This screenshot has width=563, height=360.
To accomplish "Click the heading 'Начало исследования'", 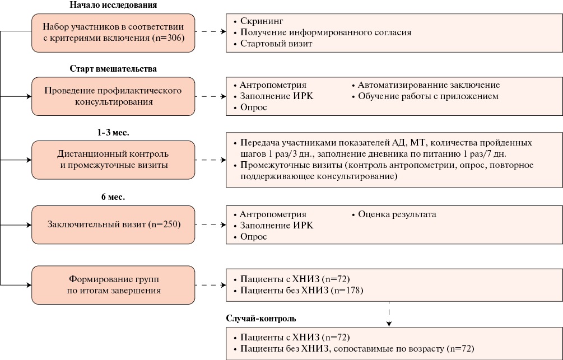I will (113, 5).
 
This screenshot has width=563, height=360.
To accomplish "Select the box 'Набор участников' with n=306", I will (113, 32).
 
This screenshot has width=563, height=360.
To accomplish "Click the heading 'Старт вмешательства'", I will (113, 69).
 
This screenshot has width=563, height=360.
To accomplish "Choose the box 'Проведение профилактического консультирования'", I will (113, 96).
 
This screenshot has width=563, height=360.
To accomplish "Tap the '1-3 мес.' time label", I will (113, 133).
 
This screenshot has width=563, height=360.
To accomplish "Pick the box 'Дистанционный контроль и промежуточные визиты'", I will (113, 160).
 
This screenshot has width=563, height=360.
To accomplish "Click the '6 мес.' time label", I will (113, 198).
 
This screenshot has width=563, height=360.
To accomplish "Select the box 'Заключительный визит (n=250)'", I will (113, 225).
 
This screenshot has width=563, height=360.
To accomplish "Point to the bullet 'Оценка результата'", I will (397, 214).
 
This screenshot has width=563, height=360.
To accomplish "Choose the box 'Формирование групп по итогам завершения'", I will (113, 285).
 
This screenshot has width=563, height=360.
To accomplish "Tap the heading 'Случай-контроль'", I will (261, 318).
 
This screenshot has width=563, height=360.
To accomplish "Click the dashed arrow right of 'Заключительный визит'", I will (211, 225).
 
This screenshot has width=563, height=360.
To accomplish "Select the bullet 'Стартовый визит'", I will (276, 43).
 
